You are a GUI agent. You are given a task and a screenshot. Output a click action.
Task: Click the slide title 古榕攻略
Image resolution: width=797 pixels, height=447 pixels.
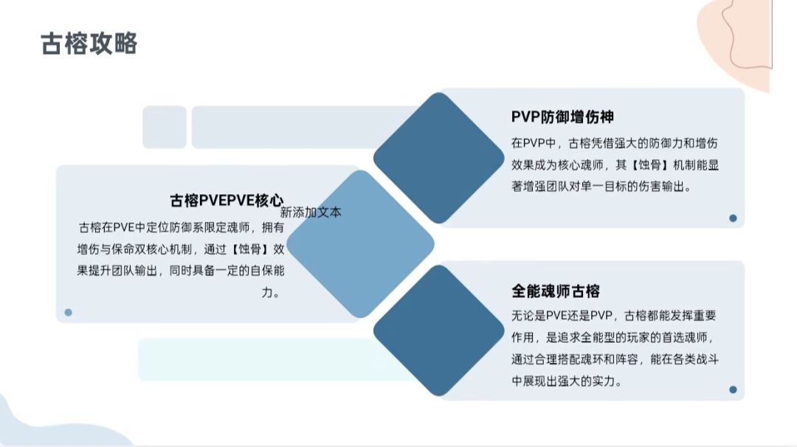click(89, 44)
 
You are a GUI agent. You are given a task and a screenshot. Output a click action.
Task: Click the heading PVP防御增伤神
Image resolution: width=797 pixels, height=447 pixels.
click(562, 117)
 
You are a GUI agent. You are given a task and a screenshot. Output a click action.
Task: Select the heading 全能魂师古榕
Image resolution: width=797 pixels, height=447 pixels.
click(556, 291)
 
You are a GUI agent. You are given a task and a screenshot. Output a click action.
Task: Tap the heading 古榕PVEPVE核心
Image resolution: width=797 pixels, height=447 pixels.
click(227, 201)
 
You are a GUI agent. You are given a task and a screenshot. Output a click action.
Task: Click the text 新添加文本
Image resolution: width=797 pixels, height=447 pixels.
click(311, 212)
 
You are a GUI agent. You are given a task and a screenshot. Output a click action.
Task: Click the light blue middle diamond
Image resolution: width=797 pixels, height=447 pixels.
click(360, 244)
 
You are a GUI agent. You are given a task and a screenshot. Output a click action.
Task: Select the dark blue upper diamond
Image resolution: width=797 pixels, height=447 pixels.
click(438, 158)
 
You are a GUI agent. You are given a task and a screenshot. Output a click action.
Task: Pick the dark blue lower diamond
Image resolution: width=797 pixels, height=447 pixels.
click(438, 330)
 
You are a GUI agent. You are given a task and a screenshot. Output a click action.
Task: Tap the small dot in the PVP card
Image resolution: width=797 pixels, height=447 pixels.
click(733, 218)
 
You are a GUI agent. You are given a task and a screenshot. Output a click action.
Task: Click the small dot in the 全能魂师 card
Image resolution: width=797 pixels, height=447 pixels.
click(733, 389)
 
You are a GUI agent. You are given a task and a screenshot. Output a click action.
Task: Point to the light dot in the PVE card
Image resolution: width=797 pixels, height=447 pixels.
click(68, 313)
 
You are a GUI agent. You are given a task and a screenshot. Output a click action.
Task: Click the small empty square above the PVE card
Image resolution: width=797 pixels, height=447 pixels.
click(164, 127)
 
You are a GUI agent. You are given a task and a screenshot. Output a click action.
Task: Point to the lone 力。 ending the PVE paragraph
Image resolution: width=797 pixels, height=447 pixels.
click(271, 293)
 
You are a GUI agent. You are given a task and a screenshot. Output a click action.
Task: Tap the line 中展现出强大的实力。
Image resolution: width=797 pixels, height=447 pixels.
click(567, 381)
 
